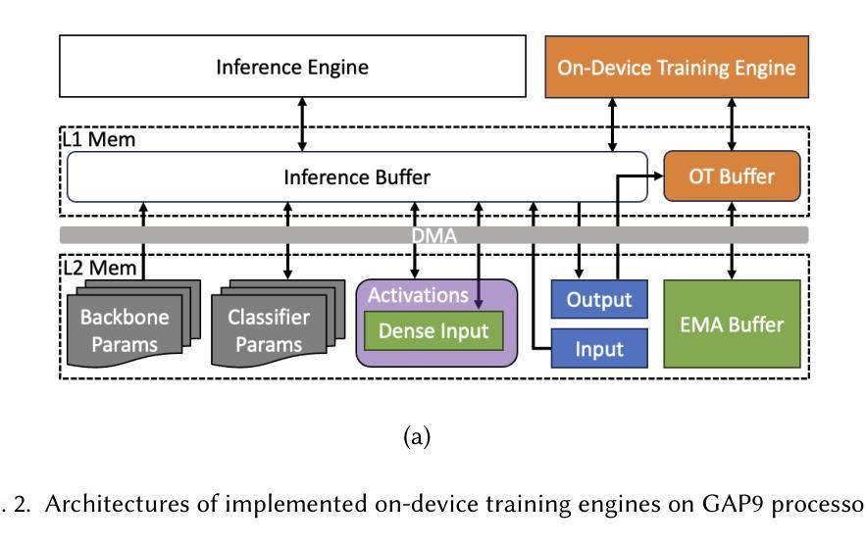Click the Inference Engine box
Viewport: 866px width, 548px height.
coord(292,67)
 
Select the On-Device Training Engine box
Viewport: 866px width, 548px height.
coord(677,68)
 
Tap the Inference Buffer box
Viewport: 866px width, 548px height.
coord(357,176)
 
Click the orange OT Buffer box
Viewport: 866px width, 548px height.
coord(732,176)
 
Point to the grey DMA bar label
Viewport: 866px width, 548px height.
coord(434,235)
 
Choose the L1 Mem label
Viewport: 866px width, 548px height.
coord(99,139)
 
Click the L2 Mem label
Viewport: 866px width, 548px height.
coord(99,268)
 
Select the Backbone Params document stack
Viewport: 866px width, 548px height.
coord(133,324)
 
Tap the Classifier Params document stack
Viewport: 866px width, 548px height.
coord(278,324)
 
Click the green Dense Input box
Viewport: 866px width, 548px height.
coord(433,330)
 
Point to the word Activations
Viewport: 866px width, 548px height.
coord(418,295)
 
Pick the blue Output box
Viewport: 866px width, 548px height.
coord(599,299)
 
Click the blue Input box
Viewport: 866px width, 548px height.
coord(599,348)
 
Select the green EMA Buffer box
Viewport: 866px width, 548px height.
coord(732,324)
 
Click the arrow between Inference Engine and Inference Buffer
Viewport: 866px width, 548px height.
coord(302,125)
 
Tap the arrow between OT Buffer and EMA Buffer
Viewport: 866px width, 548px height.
coord(732,240)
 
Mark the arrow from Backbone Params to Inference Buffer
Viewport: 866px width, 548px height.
coord(143,241)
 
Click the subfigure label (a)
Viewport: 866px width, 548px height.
coord(417,437)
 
